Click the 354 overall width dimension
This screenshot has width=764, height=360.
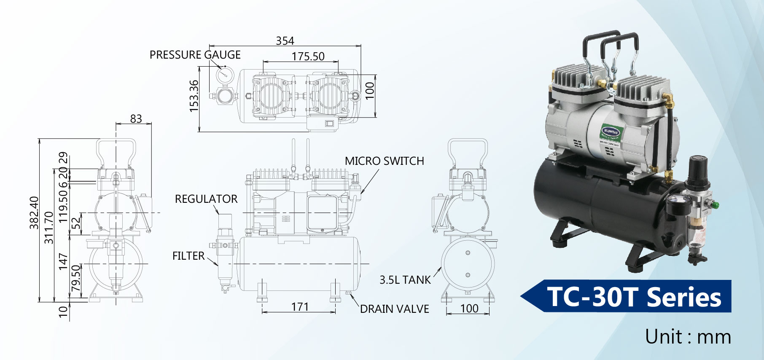pos(285,41)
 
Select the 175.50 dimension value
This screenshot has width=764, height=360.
pos(308,56)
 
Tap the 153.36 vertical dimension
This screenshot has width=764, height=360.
pos(194,96)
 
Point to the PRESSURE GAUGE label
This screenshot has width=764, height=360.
pos(195,55)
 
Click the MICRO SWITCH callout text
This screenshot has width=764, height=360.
pos(384,161)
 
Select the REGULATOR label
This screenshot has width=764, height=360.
pos(206,199)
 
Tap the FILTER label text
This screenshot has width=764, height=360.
pos(188,256)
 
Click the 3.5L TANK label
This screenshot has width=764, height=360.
pos(405,280)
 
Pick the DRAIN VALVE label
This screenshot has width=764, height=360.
pos(394,309)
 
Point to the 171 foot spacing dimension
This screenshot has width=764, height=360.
pos(300,307)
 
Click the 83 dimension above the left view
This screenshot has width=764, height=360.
pos(136,119)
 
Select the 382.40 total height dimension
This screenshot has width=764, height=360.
pos(34,213)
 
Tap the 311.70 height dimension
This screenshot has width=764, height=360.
pos(49,228)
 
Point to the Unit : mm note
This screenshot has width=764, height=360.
pos(688,337)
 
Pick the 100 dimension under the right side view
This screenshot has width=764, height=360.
pos(469,309)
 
